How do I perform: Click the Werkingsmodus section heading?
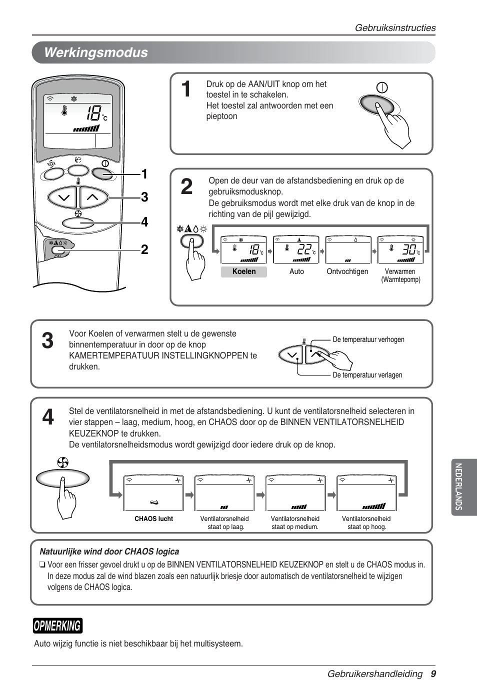pos(96,53)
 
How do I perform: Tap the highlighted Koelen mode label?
pos(244,271)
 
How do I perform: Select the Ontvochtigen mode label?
pos(347,271)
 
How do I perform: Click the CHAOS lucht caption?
pos(153,519)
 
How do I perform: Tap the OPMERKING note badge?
pos(57,625)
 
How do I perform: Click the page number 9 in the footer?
pos(433,674)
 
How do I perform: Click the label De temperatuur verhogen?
pos(368,339)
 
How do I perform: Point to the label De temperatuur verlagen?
pos(367,375)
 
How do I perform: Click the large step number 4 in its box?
pos(48,417)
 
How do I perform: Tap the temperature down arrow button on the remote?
pos(63,197)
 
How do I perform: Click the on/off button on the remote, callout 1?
pos(103,173)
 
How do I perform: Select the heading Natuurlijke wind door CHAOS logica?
pos(109,551)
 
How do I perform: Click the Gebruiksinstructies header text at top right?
pos(395,28)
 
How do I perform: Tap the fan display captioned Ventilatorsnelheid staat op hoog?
pos(367,492)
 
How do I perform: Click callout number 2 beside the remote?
pos(144,249)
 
